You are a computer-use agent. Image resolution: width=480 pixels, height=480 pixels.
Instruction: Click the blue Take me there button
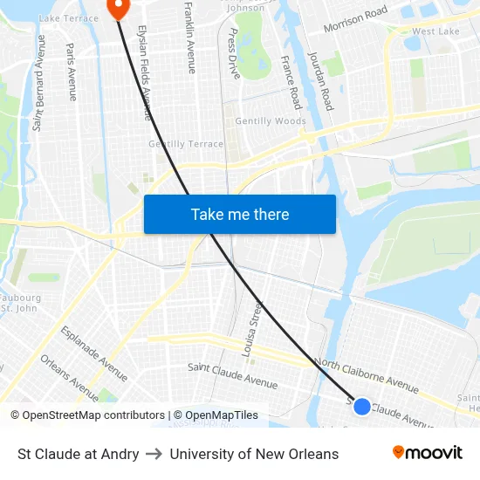[239, 215]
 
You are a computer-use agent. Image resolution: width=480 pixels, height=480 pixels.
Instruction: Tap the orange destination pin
[117, 8]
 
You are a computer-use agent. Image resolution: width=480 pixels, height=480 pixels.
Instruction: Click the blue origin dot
[361, 406]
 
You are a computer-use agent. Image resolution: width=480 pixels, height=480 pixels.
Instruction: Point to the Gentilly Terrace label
[186, 144]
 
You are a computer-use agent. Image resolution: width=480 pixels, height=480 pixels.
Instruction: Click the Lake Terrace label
[69, 18]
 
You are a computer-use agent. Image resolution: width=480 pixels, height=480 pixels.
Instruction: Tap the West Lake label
[435, 31]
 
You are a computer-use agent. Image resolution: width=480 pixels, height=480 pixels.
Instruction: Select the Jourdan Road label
[320, 80]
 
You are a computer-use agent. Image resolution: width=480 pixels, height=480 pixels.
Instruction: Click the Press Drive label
[233, 53]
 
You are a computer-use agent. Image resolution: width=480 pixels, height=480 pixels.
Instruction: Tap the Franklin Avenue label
[191, 38]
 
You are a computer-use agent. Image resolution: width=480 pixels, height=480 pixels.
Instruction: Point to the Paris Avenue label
[71, 72]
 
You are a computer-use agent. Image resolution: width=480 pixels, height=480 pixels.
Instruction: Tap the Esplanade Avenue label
[94, 353]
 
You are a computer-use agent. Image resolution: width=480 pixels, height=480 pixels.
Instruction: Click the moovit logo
[427, 453]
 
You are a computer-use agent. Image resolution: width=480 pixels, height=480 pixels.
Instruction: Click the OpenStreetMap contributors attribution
[87, 415]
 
